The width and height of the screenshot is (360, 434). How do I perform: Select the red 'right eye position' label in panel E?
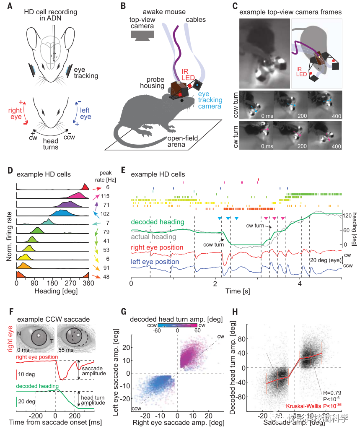tap(158, 248)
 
